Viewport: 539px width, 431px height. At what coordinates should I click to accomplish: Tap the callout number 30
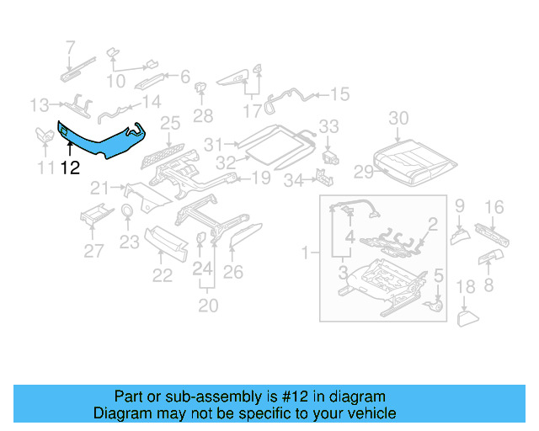point(398,118)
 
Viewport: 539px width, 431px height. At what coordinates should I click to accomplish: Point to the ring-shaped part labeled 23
point(125,211)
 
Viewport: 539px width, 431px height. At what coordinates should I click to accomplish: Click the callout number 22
point(162,274)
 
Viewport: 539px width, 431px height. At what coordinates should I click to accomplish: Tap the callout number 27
point(93,250)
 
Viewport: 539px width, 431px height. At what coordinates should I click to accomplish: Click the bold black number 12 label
point(70,168)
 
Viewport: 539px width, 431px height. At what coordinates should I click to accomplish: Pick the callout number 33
point(328,126)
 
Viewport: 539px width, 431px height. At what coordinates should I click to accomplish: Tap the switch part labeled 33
point(331,156)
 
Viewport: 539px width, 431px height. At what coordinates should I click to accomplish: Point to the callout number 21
point(100,187)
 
